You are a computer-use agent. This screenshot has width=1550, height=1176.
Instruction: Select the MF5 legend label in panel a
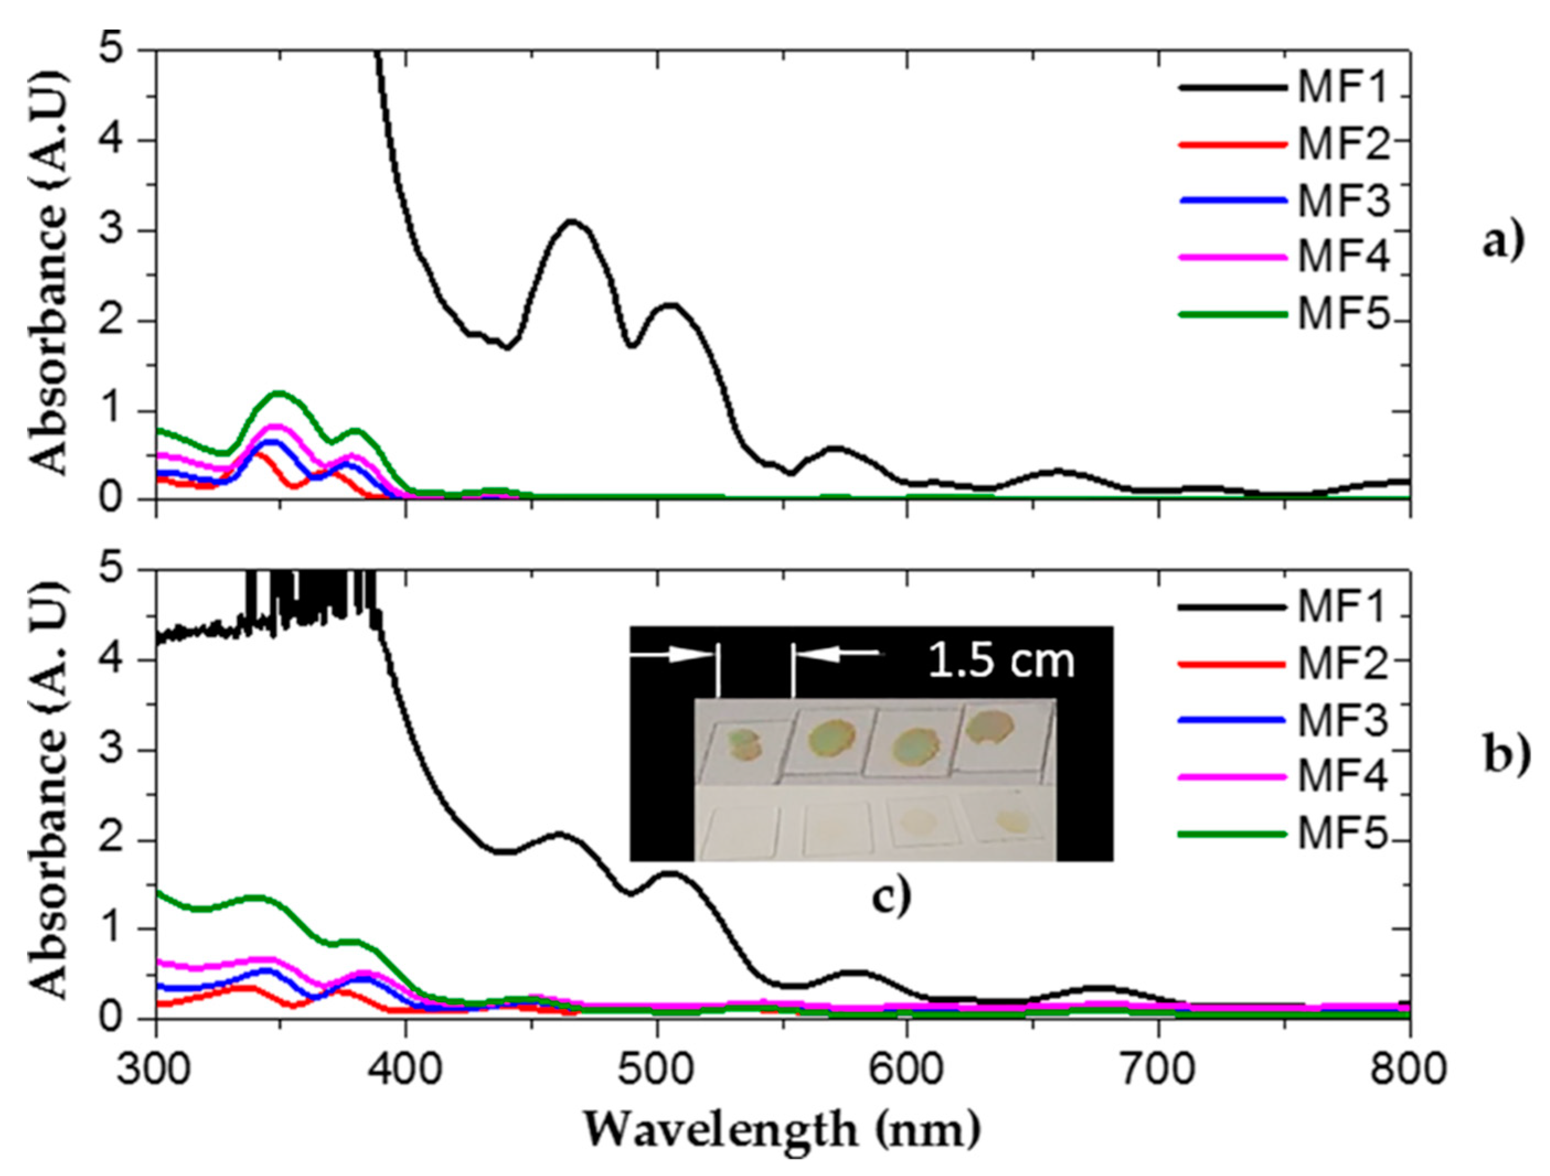1342,314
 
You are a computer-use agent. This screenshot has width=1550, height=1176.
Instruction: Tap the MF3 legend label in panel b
1342,722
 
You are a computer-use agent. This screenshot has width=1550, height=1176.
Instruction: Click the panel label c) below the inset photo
891,899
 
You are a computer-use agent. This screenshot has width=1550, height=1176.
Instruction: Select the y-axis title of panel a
50,273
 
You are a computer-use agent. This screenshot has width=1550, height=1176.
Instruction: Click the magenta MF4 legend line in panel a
1233,257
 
